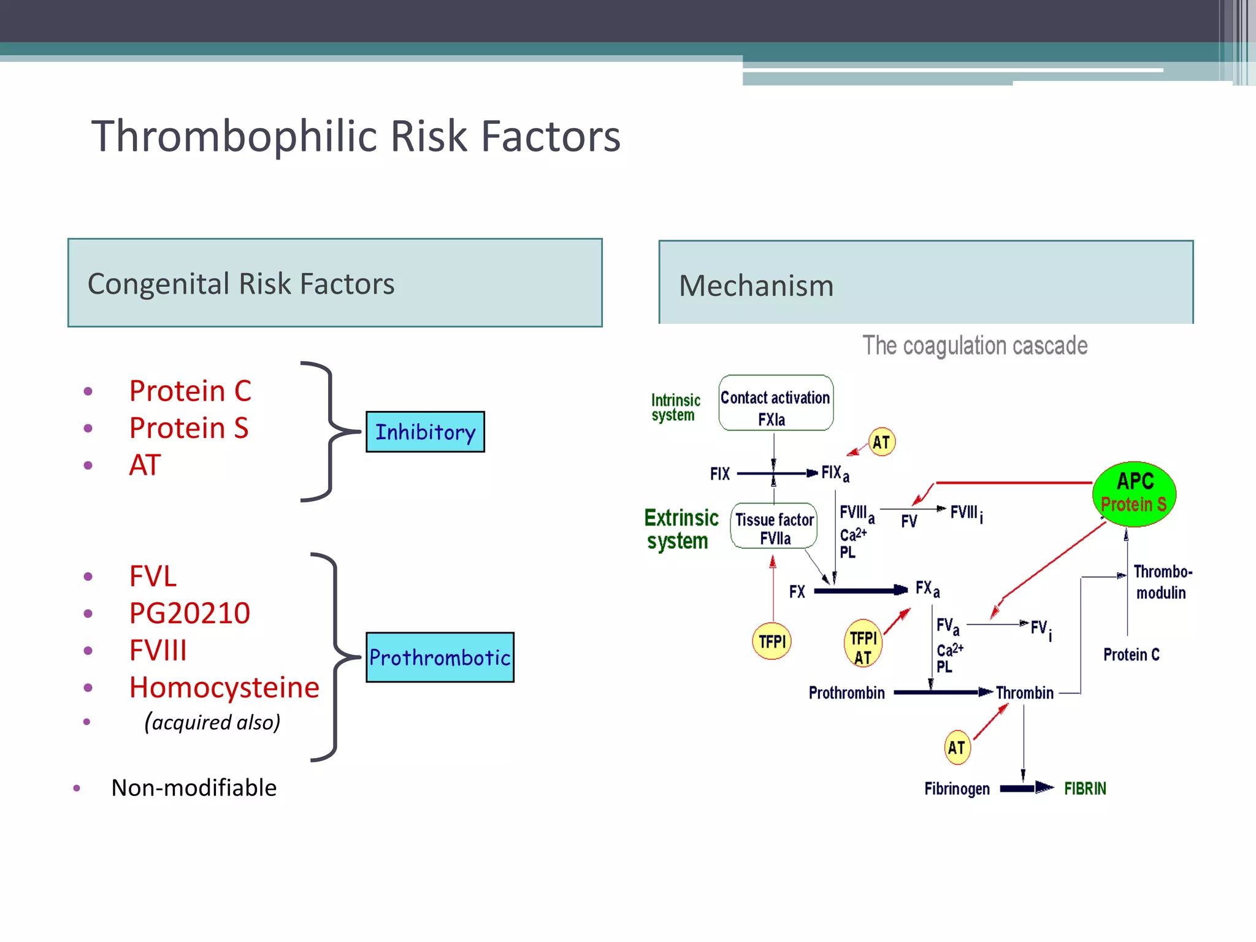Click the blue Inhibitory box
pyautogui.click(x=425, y=432)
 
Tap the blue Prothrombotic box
pyautogui.click(x=440, y=657)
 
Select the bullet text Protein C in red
pyautogui.click(x=190, y=391)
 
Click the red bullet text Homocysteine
pyautogui.click(x=224, y=687)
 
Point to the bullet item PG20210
pyautogui.click(x=190, y=613)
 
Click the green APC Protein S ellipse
pyautogui.click(x=1134, y=494)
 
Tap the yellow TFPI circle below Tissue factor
pyautogui.click(x=772, y=641)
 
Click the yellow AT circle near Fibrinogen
pyautogui.click(x=957, y=747)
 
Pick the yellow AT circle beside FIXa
pyautogui.click(x=881, y=442)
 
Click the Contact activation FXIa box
pyautogui.click(x=775, y=403)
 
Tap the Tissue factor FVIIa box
pyautogui.click(x=774, y=526)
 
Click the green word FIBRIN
pyautogui.click(x=1084, y=788)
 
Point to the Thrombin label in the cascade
pyautogui.click(x=1024, y=693)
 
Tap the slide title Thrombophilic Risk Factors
pyautogui.click(x=356, y=136)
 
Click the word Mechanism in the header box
pyautogui.click(x=756, y=285)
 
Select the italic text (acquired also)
pyautogui.click(x=212, y=722)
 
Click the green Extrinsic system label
pyautogui.click(x=680, y=529)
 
